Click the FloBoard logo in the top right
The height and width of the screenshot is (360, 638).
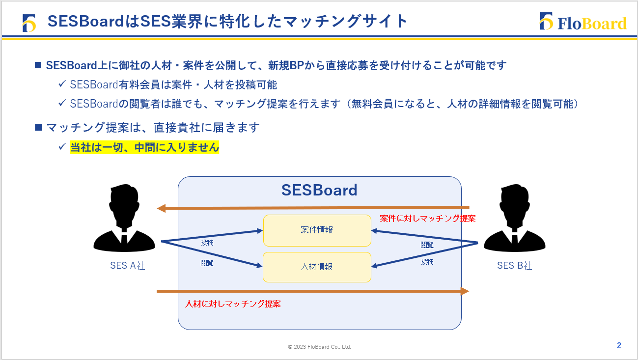click(583, 22)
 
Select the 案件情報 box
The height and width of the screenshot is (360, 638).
click(317, 230)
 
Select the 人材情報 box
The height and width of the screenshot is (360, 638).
click(317, 267)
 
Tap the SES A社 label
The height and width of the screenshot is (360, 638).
click(127, 266)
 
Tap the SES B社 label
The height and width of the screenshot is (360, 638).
click(514, 266)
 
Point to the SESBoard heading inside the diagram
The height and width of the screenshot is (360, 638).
click(319, 190)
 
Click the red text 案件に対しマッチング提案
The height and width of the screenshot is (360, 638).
click(427, 219)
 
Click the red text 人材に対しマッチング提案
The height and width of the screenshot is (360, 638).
click(233, 304)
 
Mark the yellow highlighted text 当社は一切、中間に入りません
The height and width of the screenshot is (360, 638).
click(144, 147)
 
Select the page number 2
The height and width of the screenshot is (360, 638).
click(619, 345)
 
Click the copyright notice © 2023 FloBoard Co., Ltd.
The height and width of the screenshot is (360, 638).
click(319, 347)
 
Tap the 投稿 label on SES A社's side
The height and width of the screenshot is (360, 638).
click(207, 243)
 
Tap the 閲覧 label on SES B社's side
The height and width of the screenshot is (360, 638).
click(427, 245)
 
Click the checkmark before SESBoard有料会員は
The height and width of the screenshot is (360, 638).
click(62, 84)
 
